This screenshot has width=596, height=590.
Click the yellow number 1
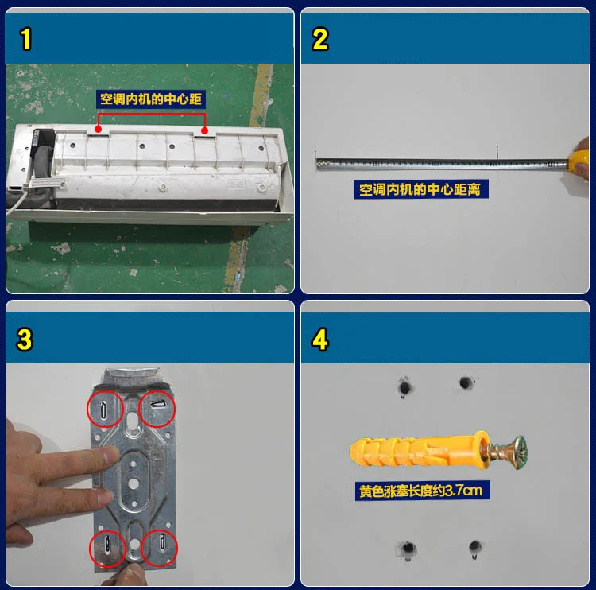click(26, 39)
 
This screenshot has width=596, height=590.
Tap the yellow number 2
click(319, 39)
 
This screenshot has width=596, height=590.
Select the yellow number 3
click(25, 340)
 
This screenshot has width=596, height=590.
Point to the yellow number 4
click(319, 340)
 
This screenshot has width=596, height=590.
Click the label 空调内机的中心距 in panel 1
click(151, 99)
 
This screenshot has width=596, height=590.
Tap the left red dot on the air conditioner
click(98, 130)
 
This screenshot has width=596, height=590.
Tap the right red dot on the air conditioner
click(204, 131)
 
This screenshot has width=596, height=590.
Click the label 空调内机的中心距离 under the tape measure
click(420, 189)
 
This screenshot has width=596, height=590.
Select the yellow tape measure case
click(579, 161)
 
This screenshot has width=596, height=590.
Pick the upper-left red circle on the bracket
click(105, 409)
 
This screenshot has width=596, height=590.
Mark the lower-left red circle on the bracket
click(107, 549)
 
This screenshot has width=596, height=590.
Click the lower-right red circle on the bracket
click(159, 548)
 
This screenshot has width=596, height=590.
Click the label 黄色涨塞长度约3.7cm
click(422, 491)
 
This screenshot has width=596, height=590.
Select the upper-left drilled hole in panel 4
click(404, 387)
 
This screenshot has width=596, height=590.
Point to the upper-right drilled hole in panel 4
click(465, 382)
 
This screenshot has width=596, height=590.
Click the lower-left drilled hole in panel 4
click(408, 549)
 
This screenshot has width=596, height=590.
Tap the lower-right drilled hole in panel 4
click(474, 548)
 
